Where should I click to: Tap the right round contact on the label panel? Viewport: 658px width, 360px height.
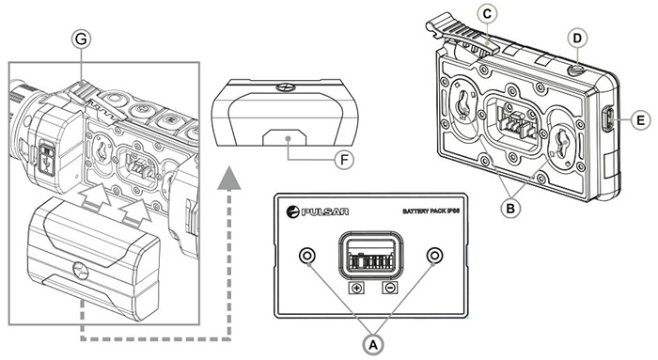click(434, 257)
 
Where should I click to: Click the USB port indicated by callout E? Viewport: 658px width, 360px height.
click(607, 119)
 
